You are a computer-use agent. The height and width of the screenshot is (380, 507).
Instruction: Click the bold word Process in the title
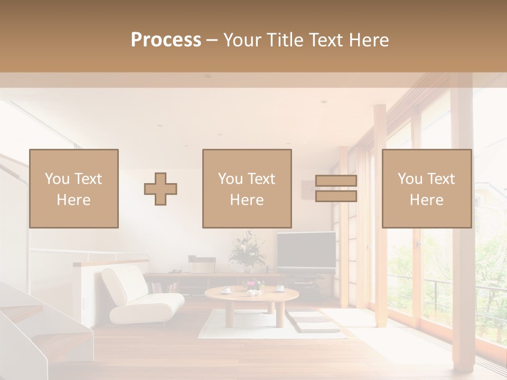pos(166,40)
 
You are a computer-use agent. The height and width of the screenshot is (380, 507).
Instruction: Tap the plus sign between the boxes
pos(161,188)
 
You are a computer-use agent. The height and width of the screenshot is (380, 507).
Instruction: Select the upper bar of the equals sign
pos(336,180)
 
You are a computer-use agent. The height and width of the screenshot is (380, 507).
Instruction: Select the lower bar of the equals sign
pos(336,196)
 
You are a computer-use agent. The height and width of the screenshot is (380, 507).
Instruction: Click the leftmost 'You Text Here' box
pos(74,188)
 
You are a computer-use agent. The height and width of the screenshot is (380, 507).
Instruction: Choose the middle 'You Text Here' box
pos(247,188)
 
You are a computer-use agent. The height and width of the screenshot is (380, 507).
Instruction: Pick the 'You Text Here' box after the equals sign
pos(427,188)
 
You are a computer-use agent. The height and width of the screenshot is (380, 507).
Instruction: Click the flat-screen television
pos(306,250)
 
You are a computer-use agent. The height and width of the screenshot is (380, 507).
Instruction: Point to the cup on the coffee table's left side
pos(226,289)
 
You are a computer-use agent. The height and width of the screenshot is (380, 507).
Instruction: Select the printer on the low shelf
pos(202,264)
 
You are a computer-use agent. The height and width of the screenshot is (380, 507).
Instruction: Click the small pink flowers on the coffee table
pos(252,285)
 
